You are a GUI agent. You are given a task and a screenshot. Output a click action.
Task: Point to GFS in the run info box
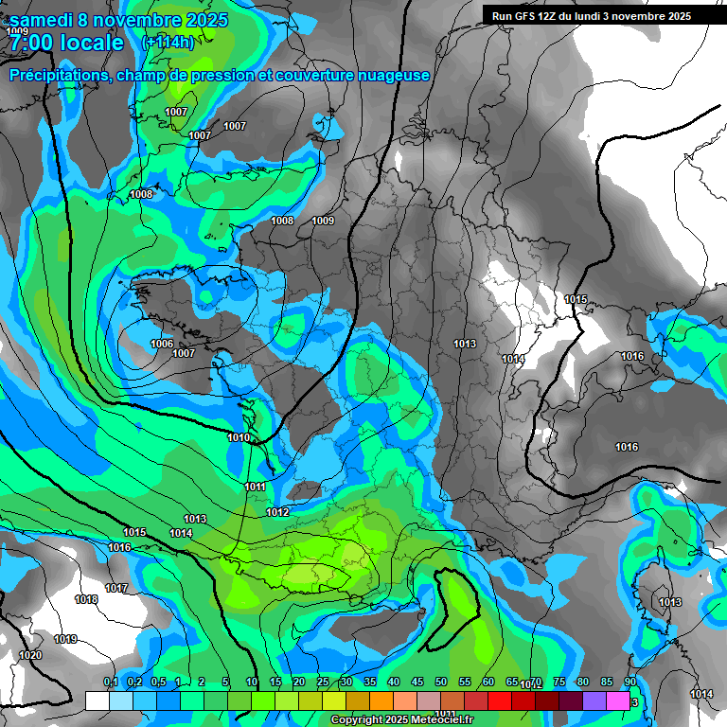point(522,16)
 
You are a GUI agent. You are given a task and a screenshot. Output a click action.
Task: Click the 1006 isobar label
point(162,344)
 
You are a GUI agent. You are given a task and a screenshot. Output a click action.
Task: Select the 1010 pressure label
point(239,437)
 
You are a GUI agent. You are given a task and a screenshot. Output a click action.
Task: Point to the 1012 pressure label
point(277,512)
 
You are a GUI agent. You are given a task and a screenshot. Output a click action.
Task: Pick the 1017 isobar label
point(116,589)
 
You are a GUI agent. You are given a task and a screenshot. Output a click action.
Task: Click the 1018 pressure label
point(86,600)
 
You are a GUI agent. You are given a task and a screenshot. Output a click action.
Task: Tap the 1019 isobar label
point(65,640)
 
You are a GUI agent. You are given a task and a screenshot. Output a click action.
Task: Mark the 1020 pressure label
point(30,656)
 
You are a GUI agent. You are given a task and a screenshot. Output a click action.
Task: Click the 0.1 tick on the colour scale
point(110,683)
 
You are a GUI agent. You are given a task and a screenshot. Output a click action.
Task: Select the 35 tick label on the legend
point(370,683)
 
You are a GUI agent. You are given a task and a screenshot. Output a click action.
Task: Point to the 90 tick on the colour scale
point(629,683)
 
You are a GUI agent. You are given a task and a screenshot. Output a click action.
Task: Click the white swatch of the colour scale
point(97,700)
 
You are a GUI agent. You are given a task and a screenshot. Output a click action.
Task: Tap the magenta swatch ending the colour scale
point(618,700)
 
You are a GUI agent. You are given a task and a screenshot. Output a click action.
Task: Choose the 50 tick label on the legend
point(441,683)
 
